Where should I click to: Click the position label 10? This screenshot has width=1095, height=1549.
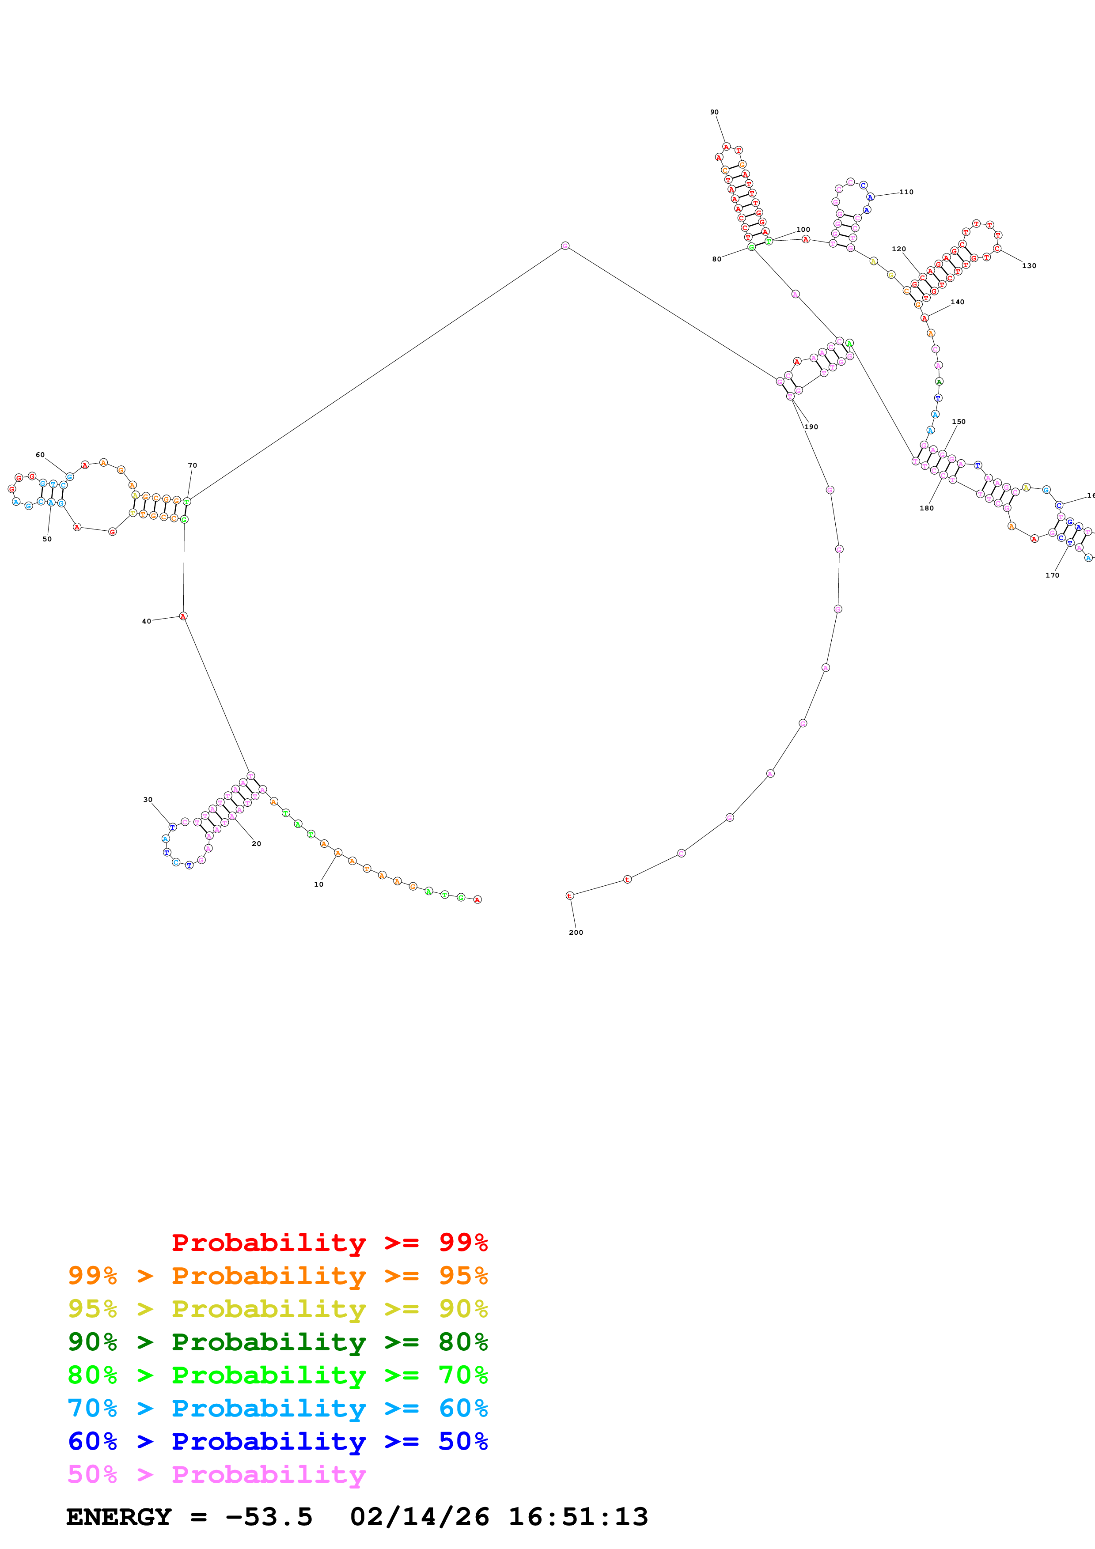coord(318,884)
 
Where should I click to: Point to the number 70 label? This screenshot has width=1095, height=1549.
coord(192,465)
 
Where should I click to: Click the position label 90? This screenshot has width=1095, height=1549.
coord(714,113)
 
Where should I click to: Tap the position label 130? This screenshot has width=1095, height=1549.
coord(1029,266)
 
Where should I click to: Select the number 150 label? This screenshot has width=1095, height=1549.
coord(958,422)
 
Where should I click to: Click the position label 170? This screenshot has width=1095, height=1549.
coord(1052,575)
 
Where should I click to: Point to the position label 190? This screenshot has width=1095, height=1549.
coord(811,427)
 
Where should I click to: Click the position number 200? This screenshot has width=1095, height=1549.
coord(576,933)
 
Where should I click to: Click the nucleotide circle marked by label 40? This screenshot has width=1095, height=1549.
coord(183,616)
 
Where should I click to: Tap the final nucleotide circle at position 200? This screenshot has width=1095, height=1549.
coord(569,895)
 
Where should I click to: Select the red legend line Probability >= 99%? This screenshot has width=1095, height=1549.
coord(329,1243)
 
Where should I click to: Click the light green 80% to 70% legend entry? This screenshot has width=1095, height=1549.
coord(277,1375)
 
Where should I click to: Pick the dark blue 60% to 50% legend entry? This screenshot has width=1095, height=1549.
coord(277,1441)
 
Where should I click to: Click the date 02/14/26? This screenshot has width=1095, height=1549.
coord(419,1517)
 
